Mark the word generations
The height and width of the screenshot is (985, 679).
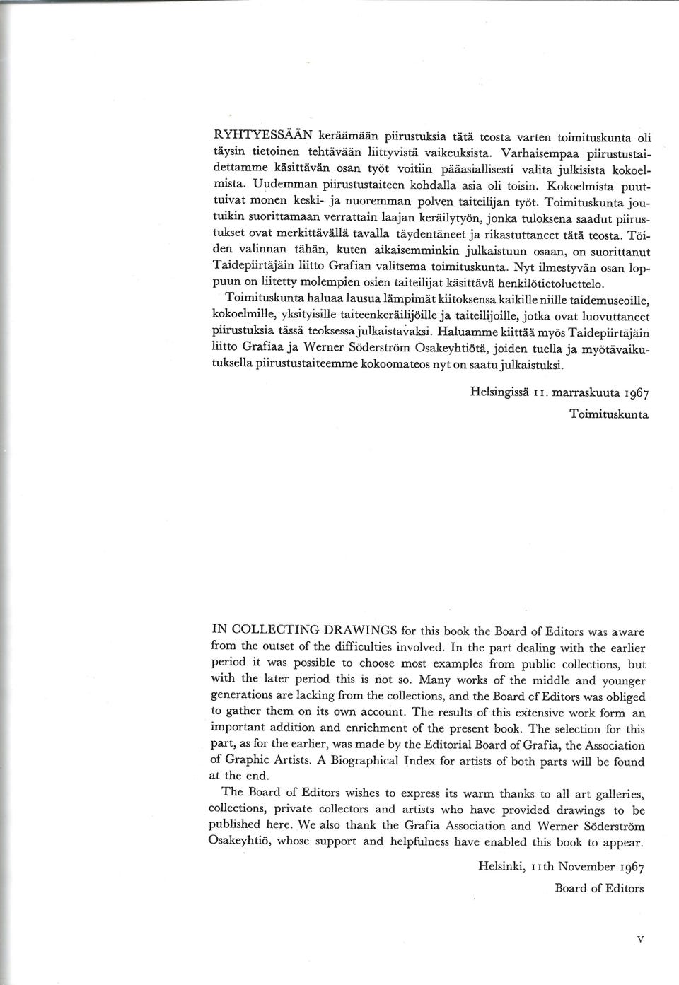240,696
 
